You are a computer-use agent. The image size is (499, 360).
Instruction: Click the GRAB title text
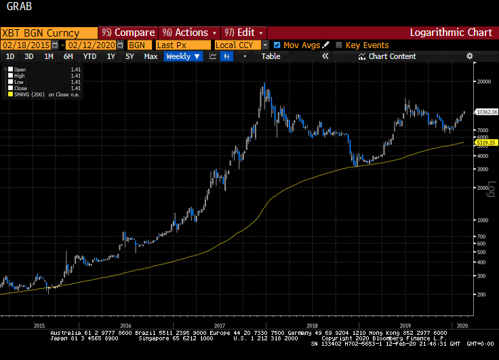coord(18,9)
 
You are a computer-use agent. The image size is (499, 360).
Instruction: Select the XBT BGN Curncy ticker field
coord(41,33)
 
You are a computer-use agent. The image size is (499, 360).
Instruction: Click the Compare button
coord(129,33)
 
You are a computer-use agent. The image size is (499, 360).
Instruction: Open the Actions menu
coord(190,33)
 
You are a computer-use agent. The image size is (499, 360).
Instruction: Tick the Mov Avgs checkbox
coord(277,45)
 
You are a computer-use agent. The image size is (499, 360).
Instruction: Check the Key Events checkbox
coord(340,45)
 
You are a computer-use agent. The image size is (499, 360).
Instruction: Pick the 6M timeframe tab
coord(68,57)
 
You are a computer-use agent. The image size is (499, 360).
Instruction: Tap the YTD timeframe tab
coord(89,57)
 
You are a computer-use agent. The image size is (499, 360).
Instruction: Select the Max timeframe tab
coord(151,57)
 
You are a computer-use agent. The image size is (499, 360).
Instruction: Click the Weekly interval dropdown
coord(183,57)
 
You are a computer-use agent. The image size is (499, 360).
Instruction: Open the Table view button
coord(271,57)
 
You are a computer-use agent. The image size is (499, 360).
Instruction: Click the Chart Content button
coord(392,57)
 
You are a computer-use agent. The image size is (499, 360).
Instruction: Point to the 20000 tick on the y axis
coord(483,81)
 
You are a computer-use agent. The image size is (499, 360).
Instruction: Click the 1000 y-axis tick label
coord(481,220)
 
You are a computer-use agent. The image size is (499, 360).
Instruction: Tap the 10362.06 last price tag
coord(487,111)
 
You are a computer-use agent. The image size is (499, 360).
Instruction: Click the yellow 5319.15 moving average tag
coord(487,142)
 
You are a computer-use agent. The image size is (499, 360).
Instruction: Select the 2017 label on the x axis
coord(219,325)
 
